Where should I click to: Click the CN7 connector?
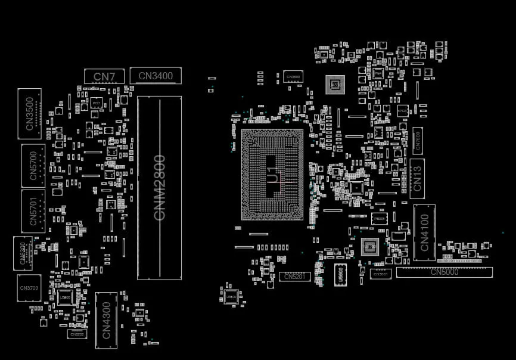(104, 76)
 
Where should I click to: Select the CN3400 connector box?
(156, 76)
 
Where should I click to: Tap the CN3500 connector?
(29, 114)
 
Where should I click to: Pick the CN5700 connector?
(33, 162)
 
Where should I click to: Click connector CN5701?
(33, 211)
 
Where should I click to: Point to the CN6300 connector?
(23, 253)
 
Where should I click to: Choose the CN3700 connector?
(29, 288)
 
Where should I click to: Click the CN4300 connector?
(106, 320)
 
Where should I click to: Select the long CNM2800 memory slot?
(159, 188)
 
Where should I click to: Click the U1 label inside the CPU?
(272, 175)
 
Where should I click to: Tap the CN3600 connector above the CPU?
(293, 76)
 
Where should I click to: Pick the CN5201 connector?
(294, 277)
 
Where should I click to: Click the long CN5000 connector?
(444, 272)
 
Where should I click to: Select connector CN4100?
(424, 232)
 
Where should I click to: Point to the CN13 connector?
(417, 178)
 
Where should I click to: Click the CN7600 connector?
(418, 141)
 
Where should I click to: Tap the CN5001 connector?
(380, 274)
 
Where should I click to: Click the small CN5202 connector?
(77, 334)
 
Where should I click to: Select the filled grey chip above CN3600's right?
(335, 85)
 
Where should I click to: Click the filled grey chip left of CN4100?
(369, 246)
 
